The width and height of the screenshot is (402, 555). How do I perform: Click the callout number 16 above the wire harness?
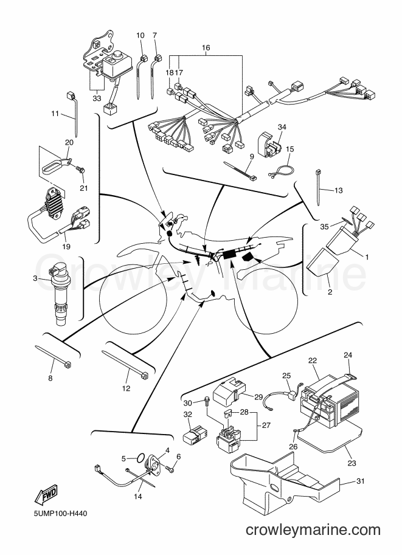tap(206, 47)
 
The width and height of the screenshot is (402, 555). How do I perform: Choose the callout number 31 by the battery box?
tap(361, 481)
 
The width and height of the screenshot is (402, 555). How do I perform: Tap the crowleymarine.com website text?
tap(313, 530)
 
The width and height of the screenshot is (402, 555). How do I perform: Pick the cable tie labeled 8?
tap(53, 356)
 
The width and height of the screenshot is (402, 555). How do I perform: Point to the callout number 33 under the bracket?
tap(97, 98)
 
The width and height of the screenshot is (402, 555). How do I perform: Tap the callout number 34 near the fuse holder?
tap(282, 126)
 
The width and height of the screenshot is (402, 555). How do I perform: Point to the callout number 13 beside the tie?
tap(339, 190)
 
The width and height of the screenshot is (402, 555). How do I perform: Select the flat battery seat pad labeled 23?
tap(331, 438)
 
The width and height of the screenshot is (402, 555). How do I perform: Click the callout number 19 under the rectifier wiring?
tap(66, 247)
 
